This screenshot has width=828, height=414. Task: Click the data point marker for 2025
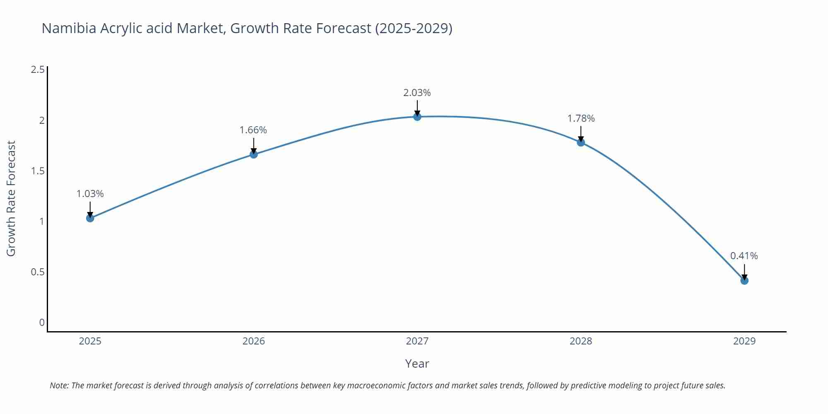point(90,218)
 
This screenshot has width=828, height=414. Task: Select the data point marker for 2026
point(254,154)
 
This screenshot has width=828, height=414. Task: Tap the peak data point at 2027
point(417,117)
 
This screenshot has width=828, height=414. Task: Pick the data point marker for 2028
point(581,142)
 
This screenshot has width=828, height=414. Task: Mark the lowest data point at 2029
point(744,281)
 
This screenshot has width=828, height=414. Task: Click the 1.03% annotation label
point(90,194)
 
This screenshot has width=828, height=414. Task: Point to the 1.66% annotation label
point(253,130)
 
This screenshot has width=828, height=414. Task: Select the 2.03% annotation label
point(417,93)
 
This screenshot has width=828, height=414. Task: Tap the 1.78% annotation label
point(581,118)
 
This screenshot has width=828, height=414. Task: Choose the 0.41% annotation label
point(744,256)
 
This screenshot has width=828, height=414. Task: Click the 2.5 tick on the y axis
point(38,70)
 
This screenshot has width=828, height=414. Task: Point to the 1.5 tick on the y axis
point(38,171)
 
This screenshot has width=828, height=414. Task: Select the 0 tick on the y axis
point(42,323)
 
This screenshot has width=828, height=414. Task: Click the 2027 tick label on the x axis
point(417,341)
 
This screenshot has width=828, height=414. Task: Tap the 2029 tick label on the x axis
point(744,341)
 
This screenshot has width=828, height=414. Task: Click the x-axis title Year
point(417,363)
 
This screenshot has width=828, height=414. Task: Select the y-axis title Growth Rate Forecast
point(11,199)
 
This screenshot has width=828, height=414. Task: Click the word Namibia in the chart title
point(69,28)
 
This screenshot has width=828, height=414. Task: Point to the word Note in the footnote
point(59,385)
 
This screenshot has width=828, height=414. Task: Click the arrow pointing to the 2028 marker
point(581,133)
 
